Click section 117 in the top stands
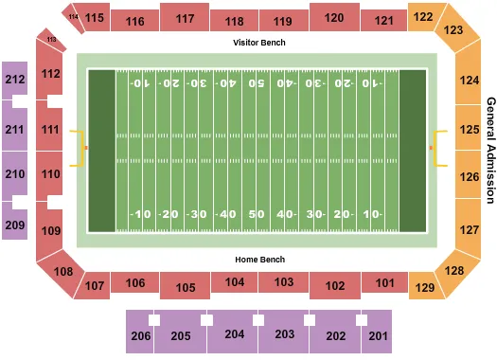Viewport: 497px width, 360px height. click(185, 18)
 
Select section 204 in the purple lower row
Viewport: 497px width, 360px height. click(235, 334)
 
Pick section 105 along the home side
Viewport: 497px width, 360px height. click(185, 288)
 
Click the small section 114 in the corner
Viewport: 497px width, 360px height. click(74, 14)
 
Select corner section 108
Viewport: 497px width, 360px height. click(63, 272)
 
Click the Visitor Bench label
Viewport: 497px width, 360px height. click(258, 43)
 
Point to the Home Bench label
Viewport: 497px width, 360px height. click(258, 259)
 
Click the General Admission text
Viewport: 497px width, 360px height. click(490, 150)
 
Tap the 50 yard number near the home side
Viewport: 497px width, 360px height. click(257, 214)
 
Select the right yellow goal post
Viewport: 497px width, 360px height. click(437, 149)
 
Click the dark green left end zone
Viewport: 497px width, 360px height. click(101, 150)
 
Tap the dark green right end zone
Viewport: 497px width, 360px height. click(413, 150)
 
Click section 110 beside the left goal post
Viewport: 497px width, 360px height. click(51, 174)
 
